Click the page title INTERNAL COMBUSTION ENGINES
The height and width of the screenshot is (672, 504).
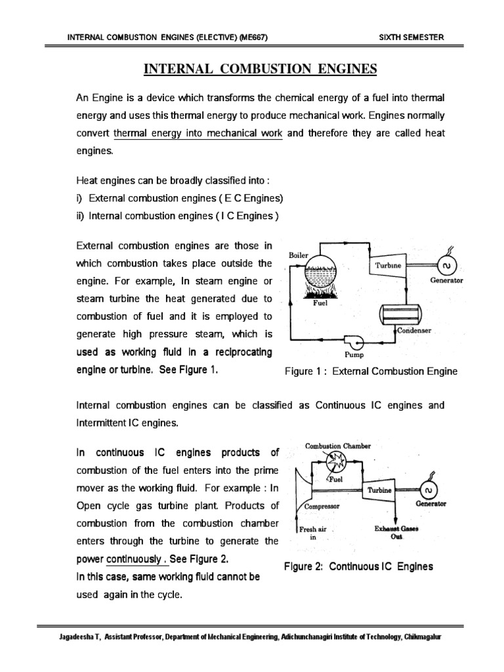261,69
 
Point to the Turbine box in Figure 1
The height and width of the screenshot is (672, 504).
388,266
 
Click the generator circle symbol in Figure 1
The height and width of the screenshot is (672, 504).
446,266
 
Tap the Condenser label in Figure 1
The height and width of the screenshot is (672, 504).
414,331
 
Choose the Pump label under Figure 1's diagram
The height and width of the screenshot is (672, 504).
354,355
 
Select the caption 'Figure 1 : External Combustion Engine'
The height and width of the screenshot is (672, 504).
371,371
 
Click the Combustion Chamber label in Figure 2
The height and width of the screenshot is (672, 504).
338,446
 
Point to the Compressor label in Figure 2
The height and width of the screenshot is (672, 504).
321,506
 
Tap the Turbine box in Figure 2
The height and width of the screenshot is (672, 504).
379,490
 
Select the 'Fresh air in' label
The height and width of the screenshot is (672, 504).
313,532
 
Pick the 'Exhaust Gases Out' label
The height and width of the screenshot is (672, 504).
396,532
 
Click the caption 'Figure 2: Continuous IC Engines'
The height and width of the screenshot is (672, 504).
358,566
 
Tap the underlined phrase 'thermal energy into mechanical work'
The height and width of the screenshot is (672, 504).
198,133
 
